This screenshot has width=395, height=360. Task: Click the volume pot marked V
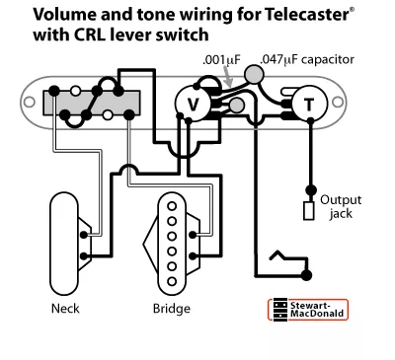(x=193, y=104)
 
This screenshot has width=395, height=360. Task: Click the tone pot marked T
(x=309, y=104)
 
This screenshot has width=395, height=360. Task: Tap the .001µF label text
(x=221, y=60)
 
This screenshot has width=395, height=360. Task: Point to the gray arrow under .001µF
(x=228, y=76)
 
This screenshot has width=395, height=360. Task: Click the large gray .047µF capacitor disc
(x=254, y=74)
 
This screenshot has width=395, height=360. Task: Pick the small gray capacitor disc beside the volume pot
(x=237, y=106)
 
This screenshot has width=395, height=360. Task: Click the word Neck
(x=65, y=309)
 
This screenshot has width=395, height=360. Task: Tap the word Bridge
(x=172, y=309)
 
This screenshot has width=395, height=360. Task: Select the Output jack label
(x=341, y=206)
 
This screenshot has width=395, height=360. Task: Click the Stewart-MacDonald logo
(x=308, y=310)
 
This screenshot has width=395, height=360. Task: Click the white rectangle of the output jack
(x=309, y=211)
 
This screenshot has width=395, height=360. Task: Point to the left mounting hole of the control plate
(x=30, y=102)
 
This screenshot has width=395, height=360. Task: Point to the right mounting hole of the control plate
(x=338, y=102)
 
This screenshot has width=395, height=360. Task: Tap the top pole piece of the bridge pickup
(x=172, y=206)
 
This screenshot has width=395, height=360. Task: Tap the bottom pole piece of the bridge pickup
(x=172, y=281)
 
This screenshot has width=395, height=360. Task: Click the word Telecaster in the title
(x=306, y=15)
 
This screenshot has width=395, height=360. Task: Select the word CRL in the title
(x=90, y=35)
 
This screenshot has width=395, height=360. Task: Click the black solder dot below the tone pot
(x=310, y=120)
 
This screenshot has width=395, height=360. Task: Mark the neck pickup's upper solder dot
(x=85, y=235)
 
